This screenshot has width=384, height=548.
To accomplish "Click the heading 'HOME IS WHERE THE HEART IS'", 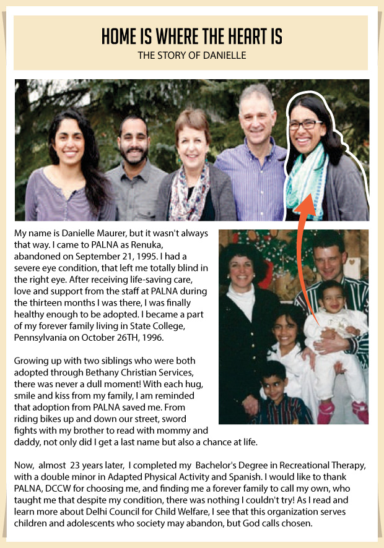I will coord(191,37).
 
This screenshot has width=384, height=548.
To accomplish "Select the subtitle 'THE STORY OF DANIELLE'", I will coord(191,56).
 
